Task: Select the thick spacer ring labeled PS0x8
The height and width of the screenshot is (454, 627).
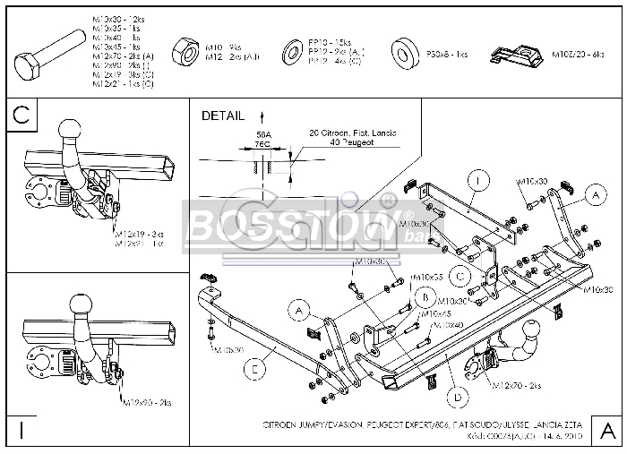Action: (x=404, y=55)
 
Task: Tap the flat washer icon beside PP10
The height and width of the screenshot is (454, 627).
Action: (x=292, y=53)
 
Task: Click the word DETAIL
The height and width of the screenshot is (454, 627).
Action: (x=223, y=116)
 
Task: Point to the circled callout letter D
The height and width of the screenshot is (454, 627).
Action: (x=458, y=396)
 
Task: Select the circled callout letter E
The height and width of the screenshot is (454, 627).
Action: (x=255, y=365)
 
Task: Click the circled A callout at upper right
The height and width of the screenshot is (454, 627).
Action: (x=592, y=193)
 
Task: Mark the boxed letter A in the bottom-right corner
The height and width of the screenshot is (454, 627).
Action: (x=606, y=432)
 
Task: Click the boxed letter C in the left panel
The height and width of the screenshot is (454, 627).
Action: (x=23, y=116)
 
